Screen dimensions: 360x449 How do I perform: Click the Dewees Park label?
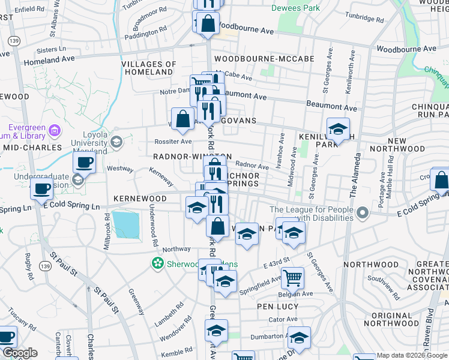(295, 8)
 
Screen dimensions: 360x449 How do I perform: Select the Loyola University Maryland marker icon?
(116, 142)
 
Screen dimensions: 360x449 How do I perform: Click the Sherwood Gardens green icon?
(158, 263)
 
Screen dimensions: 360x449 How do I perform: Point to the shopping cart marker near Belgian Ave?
(292, 278)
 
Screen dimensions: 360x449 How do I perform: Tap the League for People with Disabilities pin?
(362, 212)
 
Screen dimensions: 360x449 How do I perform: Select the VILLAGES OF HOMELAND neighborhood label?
(148, 68)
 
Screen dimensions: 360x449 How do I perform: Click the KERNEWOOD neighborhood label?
(140, 198)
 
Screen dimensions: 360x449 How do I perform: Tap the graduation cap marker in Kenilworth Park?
(338, 129)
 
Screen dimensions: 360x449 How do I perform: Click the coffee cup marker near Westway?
(84, 161)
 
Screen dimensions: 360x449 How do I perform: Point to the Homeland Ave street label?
(49, 60)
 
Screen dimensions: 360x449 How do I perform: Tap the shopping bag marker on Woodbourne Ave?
(208, 25)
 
